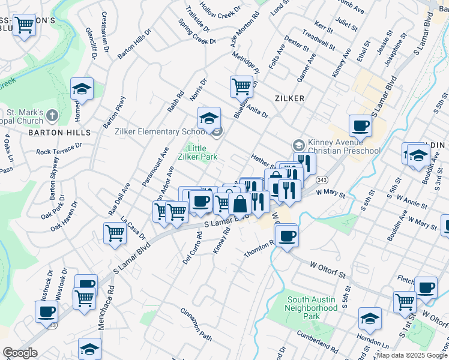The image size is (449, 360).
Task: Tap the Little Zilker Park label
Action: click(201, 152)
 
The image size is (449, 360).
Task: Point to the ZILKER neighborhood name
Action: click(290, 98)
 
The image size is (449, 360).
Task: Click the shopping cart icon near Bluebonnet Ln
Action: click(241, 86)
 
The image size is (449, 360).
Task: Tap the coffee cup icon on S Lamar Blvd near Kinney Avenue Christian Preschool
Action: click(360, 125)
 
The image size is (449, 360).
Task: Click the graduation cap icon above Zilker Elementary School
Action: click(209, 117)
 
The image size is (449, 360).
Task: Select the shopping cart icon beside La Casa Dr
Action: click(115, 233)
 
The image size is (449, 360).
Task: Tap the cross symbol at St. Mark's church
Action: click(52, 115)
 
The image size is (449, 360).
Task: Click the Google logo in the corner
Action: click(20, 353)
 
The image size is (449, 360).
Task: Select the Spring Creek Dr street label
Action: click(197, 32)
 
